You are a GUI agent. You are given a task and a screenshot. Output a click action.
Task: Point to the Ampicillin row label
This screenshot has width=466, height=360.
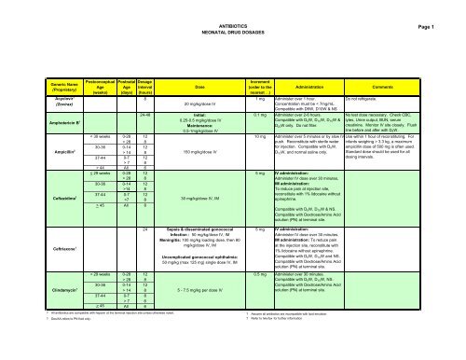(x=26, y=147)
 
